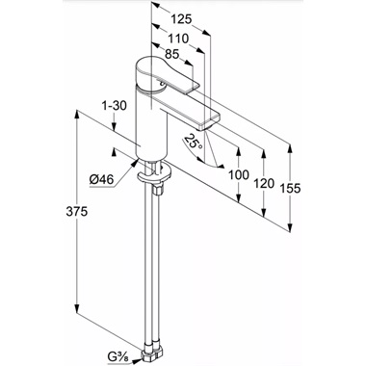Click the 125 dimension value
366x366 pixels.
click(x=181, y=19)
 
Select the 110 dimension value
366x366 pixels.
click(x=178, y=39)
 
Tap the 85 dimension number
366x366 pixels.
click(x=171, y=54)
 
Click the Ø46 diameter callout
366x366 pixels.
click(x=101, y=180)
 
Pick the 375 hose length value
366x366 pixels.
click(x=77, y=212)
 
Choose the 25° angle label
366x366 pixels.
click(x=194, y=141)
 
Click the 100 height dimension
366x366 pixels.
click(x=239, y=175)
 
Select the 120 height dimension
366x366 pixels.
click(x=264, y=183)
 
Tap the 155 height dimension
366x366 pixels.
click(x=290, y=188)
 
